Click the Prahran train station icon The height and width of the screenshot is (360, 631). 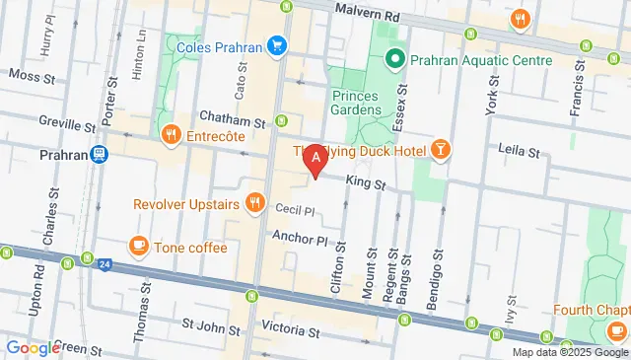pos(99,155)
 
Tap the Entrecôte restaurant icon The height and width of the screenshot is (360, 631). pos(171,133)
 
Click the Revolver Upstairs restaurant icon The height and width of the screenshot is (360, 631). pos(255,203)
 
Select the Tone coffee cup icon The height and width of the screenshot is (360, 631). pos(137,246)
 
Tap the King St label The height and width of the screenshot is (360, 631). pos(366,183)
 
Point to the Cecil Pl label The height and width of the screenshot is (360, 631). pos(294,210)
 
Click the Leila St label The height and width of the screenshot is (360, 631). pos(519,153)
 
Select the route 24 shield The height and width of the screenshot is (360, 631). pos(104,263)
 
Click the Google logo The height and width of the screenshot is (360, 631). pos(33,347)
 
